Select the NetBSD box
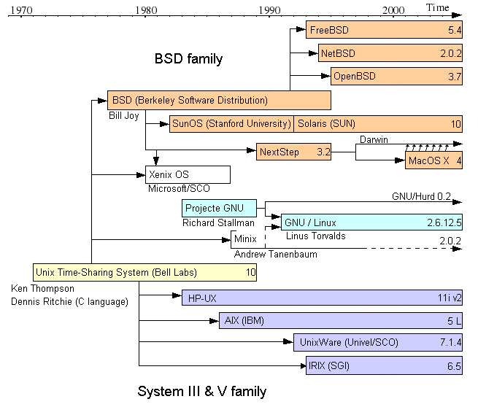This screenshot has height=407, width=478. point(390,53)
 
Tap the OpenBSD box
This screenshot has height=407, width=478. point(397,76)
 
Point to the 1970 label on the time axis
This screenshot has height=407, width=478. point(19,10)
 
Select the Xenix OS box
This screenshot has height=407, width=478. point(188,175)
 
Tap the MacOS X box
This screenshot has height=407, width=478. point(433,160)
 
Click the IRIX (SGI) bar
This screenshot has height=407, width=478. point(384,365)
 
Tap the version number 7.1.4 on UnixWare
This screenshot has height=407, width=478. point(448,342)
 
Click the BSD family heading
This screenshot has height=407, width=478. point(188,58)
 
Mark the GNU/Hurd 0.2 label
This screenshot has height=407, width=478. point(421,196)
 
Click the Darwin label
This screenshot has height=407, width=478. point(373,139)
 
